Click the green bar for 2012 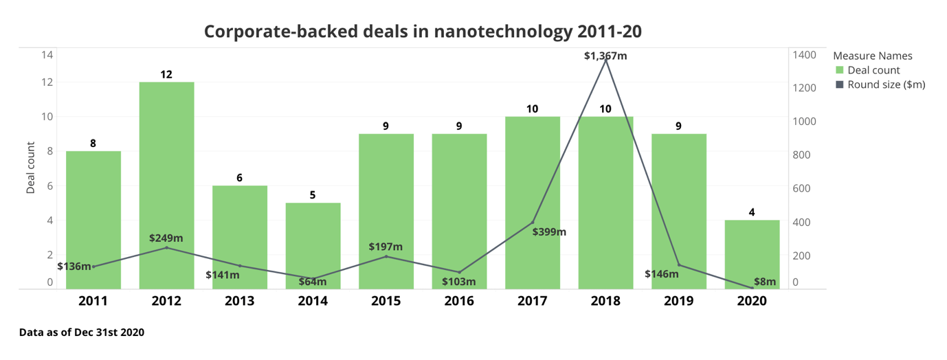point(166,185)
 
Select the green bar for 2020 point(752,254)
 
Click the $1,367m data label point(605,56)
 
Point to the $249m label point(166,238)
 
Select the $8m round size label point(764,282)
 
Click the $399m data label point(549,232)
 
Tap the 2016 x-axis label point(459,301)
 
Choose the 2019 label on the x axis point(678,301)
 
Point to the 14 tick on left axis point(47,55)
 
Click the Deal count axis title point(31,168)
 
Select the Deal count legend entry point(873,70)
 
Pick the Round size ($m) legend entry point(885,85)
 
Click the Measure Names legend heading point(872,56)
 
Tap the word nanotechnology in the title point(505,32)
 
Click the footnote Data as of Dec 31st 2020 point(82,332)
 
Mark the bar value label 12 point(166,74)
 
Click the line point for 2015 point(386,256)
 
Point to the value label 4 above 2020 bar point(752,212)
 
